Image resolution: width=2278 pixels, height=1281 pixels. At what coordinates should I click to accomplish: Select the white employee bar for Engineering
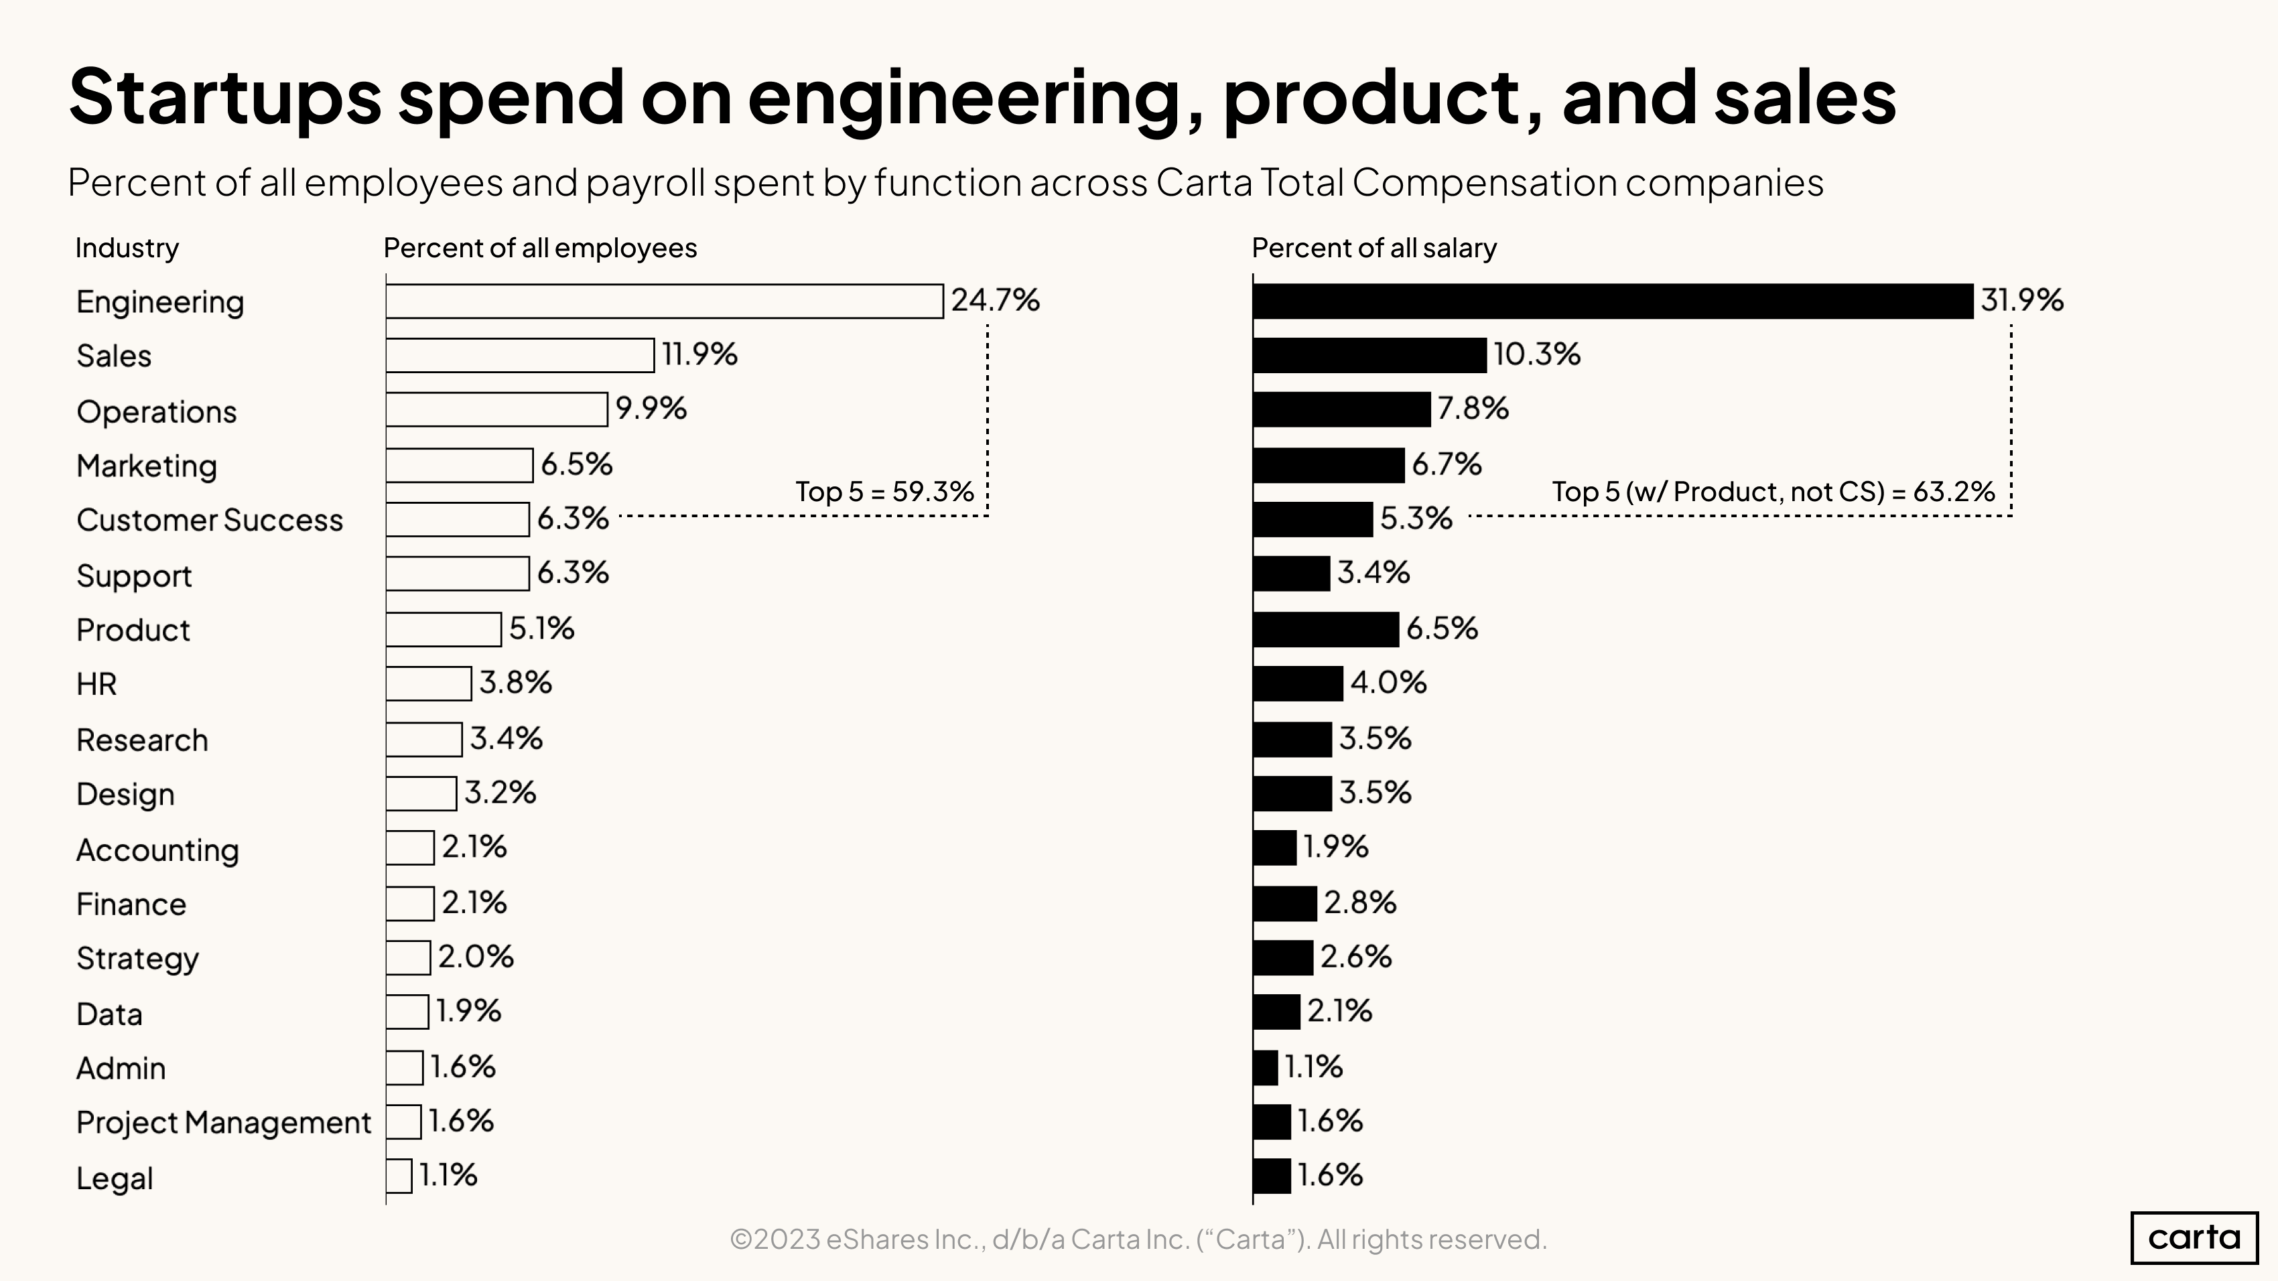664,301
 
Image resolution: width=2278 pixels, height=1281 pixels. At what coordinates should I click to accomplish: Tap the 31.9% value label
2021,301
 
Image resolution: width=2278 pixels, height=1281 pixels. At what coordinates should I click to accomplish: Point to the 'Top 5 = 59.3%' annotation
884,492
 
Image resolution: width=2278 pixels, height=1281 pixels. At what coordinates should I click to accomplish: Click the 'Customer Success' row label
210,521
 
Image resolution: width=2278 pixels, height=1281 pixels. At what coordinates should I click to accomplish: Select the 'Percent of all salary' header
1373,249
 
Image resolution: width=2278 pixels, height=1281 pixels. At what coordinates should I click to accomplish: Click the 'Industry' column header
127,249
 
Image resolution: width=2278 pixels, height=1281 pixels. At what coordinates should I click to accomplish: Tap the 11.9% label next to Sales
699,354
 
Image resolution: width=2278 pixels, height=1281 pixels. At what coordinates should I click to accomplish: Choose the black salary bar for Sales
1369,355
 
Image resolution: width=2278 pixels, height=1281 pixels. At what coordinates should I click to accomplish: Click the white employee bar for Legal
399,1176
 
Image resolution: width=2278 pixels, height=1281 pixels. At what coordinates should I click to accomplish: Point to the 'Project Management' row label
223,1123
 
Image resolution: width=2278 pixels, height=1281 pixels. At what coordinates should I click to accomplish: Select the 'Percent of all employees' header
539,249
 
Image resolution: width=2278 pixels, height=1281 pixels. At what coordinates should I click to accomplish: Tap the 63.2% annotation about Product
1773,492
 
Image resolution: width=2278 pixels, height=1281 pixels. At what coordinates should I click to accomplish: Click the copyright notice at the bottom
1138,1239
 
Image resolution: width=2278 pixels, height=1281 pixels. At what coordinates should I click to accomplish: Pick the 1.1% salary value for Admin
1313,1067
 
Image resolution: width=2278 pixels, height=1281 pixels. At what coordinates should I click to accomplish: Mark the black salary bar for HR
1297,683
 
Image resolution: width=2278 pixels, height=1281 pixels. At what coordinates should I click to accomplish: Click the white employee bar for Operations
496,409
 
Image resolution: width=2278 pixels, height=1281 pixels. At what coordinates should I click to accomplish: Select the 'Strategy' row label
137,958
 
